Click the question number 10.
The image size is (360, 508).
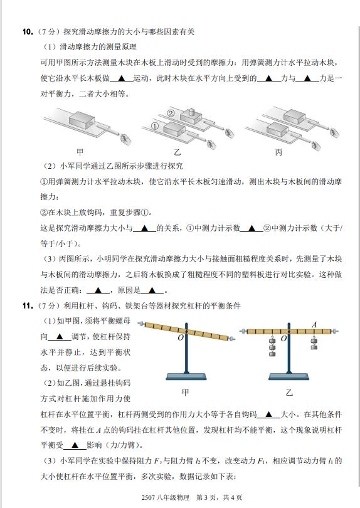point(28,32)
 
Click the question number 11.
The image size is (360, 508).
point(28,306)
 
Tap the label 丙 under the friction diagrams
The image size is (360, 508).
point(278,152)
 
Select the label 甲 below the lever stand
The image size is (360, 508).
point(186,393)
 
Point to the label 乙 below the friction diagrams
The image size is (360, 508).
point(177,152)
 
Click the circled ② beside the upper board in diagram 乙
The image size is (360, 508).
point(171,113)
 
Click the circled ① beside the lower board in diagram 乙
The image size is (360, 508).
point(155,126)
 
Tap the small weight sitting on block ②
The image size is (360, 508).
point(191,112)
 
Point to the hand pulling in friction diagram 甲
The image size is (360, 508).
point(125,139)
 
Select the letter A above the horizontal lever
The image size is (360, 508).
point(314,325)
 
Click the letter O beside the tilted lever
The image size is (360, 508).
point(181,337)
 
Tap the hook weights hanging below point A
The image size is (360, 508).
point(314,342)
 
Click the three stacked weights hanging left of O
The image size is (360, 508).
point(272,346)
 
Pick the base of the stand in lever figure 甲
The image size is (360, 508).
point(186,376)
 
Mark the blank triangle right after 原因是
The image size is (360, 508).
point(152,290)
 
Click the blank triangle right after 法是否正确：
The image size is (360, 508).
point(98,290)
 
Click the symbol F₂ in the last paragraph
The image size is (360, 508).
point(158,461)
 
